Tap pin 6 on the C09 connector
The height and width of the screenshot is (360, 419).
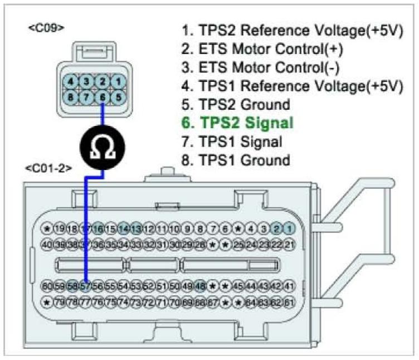[x=103, y=96]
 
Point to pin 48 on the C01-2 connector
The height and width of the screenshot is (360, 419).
[x=201, y=286]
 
